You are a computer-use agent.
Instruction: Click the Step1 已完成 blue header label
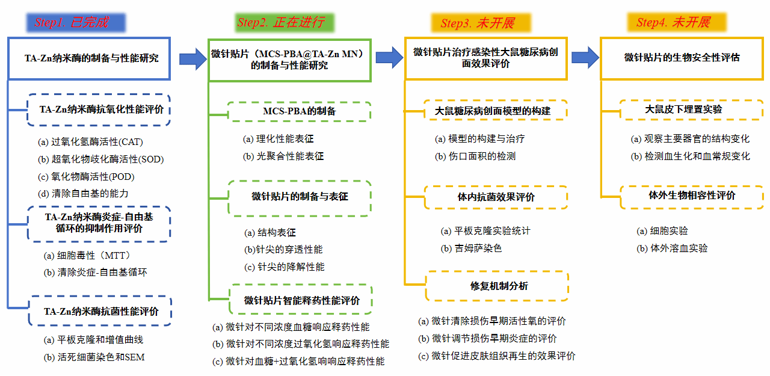click(75, 23)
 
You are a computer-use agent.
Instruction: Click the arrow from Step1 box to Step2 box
click(192, 58)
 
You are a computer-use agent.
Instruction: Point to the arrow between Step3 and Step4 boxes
click(584, 58)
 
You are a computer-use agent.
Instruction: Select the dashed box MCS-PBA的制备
click(300, 111)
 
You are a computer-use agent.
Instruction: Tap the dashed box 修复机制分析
click(497, 286)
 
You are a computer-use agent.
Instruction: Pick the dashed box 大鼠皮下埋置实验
click(684, 110)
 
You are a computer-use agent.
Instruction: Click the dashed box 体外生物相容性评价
click(684, 196)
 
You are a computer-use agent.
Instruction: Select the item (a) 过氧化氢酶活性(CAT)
click(90, 143)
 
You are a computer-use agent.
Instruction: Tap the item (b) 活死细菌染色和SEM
click(94, 357)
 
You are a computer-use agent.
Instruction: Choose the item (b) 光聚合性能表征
click(283, 156)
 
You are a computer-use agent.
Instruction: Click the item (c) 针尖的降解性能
click(285, 267)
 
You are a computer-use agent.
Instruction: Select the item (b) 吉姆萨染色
click(471, 248)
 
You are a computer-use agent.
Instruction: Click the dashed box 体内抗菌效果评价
click(497, 197)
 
